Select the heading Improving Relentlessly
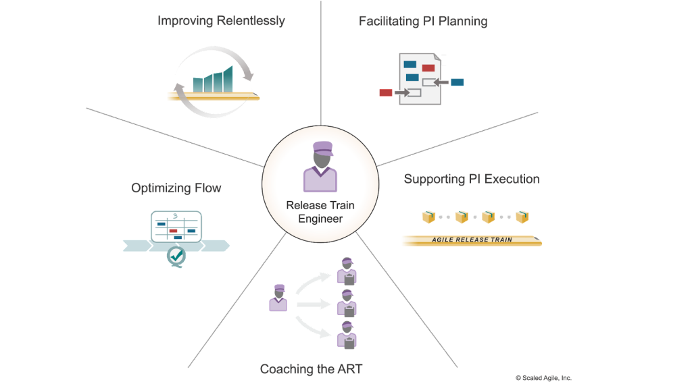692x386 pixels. [221, 21]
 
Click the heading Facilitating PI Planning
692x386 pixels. [423, 21]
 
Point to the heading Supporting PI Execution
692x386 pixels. [472, 179]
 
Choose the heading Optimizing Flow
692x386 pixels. [176, 188]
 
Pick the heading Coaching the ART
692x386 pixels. [312, 369]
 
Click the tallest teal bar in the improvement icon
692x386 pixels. [229, 78]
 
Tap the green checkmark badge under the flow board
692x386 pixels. [177, 256]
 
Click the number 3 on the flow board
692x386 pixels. [174, 217]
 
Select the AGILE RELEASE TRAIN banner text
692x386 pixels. [472, 240]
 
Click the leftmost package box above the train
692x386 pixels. [428, 217]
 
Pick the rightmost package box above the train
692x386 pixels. [522, 217]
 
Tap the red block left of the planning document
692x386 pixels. [386, 92]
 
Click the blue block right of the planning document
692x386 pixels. [458, 82]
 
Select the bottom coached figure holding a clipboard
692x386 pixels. [347, 335]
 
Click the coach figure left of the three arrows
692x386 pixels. [278, 298]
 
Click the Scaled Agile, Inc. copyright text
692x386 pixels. [543, 378]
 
